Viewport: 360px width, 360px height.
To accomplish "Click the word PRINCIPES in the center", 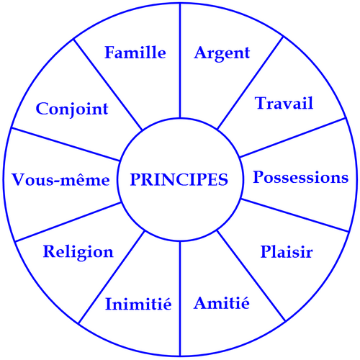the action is (179, 179).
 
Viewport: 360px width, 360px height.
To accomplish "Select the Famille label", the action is (135, 53).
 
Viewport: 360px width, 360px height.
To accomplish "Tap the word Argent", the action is (222, 53).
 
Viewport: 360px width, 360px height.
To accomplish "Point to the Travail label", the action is (284, 103).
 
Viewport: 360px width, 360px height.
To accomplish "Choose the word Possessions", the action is (301, 177).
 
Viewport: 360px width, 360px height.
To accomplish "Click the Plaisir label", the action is (287, 252).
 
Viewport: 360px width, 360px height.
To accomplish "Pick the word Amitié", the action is (222, 302).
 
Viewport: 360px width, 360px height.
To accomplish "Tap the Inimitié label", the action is (138, 303).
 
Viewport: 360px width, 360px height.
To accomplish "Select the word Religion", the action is (78, 253).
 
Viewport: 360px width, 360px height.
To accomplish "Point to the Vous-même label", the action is (60, 179).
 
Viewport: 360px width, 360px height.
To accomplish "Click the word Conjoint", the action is (72, 109).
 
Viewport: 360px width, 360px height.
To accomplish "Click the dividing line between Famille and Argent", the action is (180, 60).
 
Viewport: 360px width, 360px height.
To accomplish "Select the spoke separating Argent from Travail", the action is (250, 83).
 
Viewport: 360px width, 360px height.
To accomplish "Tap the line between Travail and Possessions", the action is (293, 138).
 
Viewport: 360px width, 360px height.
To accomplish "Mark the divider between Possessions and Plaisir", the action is (294, 215).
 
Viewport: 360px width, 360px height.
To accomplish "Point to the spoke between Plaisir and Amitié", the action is (251, 276).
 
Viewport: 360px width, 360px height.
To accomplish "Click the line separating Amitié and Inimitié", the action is (180, 299).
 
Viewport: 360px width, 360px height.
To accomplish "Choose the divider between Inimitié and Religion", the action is (112, 277).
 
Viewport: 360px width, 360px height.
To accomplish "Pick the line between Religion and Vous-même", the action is (68, 222).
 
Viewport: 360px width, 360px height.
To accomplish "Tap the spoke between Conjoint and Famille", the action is (108, 84).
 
